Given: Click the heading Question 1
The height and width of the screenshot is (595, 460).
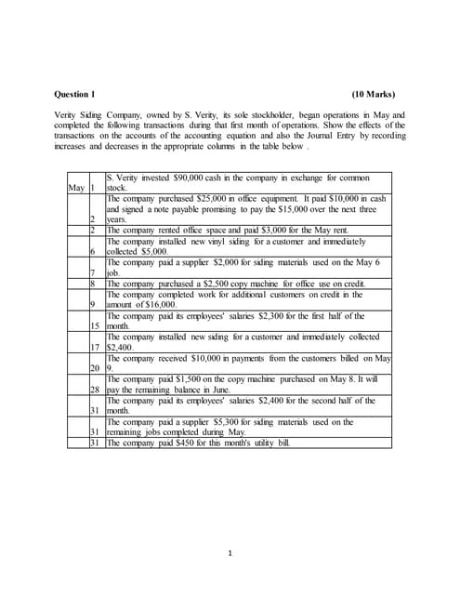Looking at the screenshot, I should tap(75, 94).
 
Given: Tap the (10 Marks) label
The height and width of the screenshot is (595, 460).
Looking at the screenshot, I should tap(374, 94).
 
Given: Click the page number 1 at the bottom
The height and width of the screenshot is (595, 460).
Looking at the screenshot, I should tap(230, 554).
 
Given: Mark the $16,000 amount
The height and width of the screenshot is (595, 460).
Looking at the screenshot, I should tap(161, 305).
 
